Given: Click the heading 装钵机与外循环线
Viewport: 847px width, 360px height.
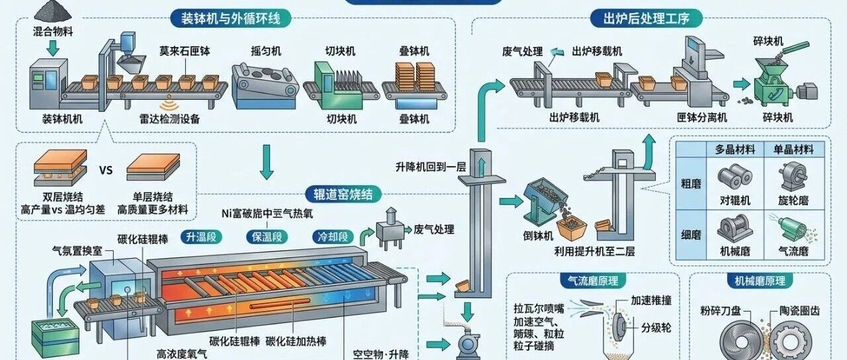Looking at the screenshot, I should (x=230, y=18).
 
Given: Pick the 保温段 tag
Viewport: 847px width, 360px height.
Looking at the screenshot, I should (x=267, y=236).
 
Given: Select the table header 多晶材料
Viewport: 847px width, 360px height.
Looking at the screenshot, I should (x=735, y=150).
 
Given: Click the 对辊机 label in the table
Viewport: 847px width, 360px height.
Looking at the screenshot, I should (x=735, y=200).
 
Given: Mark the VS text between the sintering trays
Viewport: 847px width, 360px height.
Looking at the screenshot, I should (x=106, y=169).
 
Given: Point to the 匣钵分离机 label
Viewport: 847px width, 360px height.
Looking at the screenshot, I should (x=701, y=117).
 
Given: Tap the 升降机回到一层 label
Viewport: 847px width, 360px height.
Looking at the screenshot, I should (x=431, y=165).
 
